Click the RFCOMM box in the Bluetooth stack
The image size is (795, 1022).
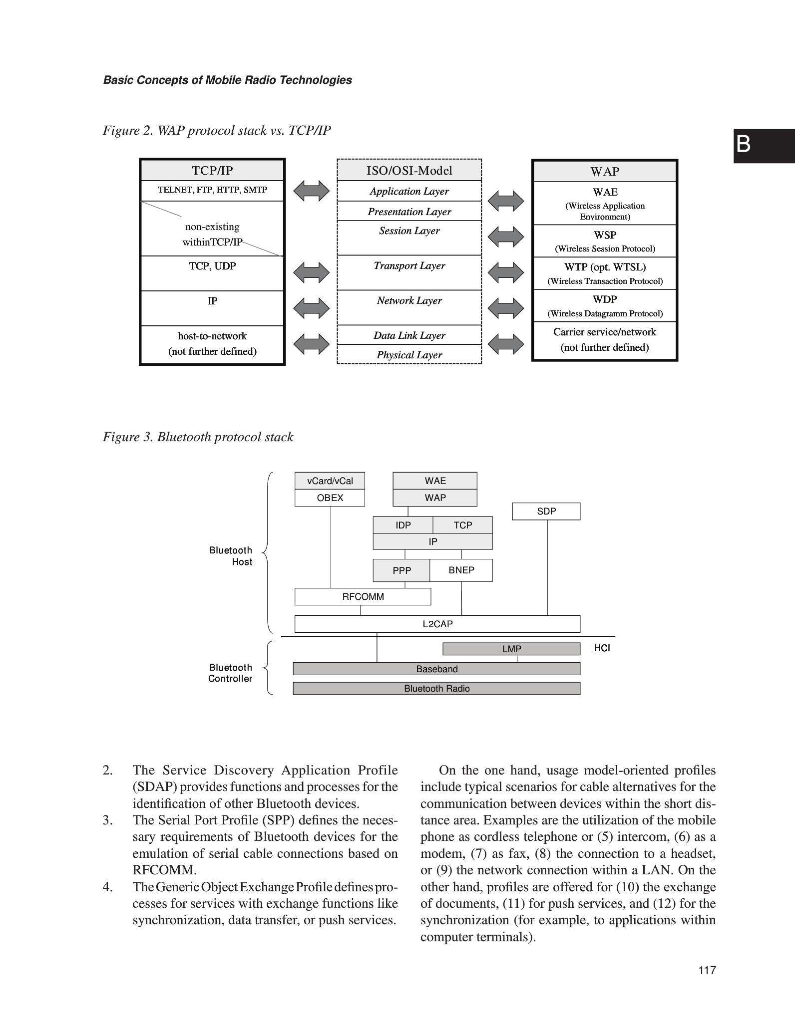point(363,596)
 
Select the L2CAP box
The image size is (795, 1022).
point(437,624)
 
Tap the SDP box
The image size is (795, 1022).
point(546,511)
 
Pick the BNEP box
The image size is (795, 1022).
point(461,570)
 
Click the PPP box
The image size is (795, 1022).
point(401,570)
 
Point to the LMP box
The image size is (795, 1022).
point(511,649)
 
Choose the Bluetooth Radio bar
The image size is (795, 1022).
point(436,688)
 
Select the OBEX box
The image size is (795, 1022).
point(330,498)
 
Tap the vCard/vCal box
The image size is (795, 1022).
point(330,481)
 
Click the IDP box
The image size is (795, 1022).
point(403,525)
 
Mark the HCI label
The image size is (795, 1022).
point(602,648)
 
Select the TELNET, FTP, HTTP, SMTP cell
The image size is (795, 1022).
point(212,190)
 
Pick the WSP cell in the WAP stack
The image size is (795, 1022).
point(605,241)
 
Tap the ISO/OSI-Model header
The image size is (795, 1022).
point(409,171)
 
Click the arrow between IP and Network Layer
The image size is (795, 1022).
point(311,307)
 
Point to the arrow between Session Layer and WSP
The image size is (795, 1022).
point(505,236)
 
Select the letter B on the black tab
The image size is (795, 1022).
point(743,145)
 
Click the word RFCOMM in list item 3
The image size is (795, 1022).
point(164,870)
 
